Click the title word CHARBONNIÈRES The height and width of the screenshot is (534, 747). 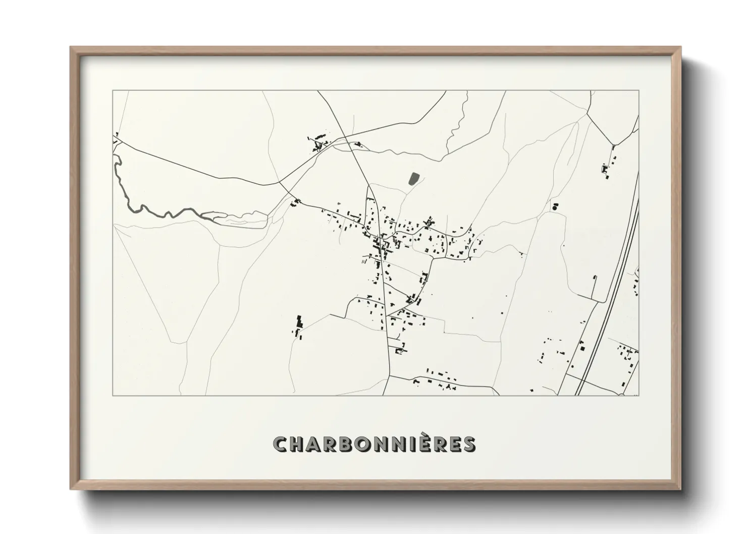click(x=373, y=444)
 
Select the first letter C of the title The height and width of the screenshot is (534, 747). click(x=280, y=445)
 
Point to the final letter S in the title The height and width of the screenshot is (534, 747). click(x=468, y=445)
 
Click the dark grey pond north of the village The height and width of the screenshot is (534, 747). click(x=413, y=178)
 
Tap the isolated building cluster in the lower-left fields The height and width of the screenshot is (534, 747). click(x=298, y=327)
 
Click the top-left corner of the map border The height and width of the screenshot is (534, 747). click(x=113, y=91)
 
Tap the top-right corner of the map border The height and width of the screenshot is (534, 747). click(x=639, y=91)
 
